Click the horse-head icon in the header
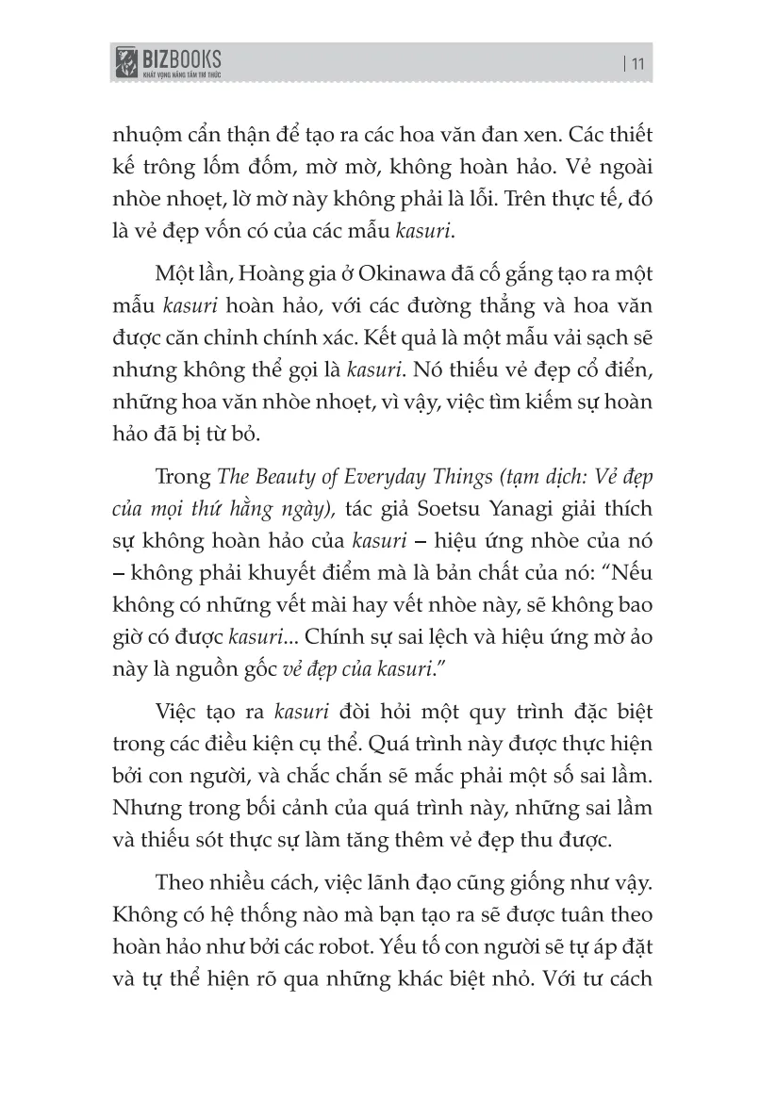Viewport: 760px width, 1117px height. point(124,64)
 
